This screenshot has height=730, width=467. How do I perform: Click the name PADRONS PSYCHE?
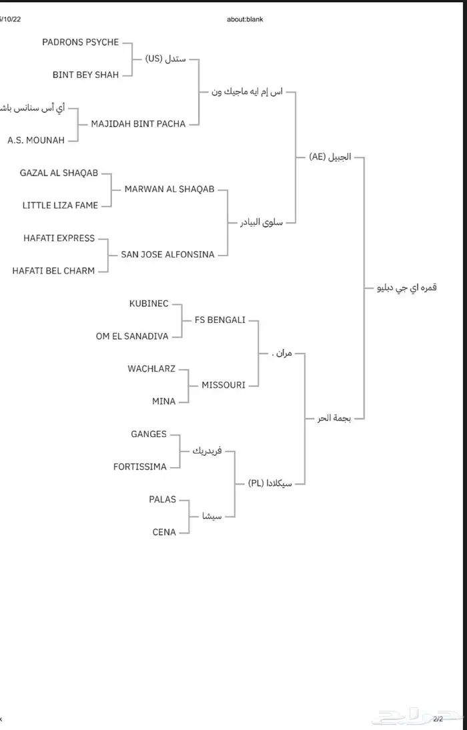pos(80,42)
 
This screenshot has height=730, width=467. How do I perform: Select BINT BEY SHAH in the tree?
pos(85,75)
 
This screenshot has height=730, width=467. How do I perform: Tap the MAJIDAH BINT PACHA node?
pos(138,123)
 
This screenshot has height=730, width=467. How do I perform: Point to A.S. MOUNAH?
pos(36,140)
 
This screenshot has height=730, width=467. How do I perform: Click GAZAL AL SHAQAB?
pos(59,173)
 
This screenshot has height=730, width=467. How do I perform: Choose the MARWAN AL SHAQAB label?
pos(169,190)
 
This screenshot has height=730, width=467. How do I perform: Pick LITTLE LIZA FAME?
pos(60,206)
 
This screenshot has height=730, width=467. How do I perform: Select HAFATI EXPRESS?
pos(59,238)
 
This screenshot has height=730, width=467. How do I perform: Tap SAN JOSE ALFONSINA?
pos(167,254)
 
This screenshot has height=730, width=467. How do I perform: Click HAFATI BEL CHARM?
pos(53,270)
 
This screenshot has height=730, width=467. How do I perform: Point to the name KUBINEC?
pos(149,304)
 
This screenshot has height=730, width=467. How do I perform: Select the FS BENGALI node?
pos(219,320)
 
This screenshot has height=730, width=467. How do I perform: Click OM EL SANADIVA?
pos(132,336)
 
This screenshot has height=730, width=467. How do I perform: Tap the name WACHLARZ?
pos(151,368)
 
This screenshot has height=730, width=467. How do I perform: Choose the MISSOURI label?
pos(223,385)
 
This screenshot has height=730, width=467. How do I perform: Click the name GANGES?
pos(149,434)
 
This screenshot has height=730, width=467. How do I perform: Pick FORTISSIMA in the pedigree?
pos(140,466)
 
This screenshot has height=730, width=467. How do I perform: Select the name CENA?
pos(164,532)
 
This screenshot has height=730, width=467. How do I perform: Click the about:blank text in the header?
pos(245,19)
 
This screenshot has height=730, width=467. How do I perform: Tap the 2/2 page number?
pos(438,719)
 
